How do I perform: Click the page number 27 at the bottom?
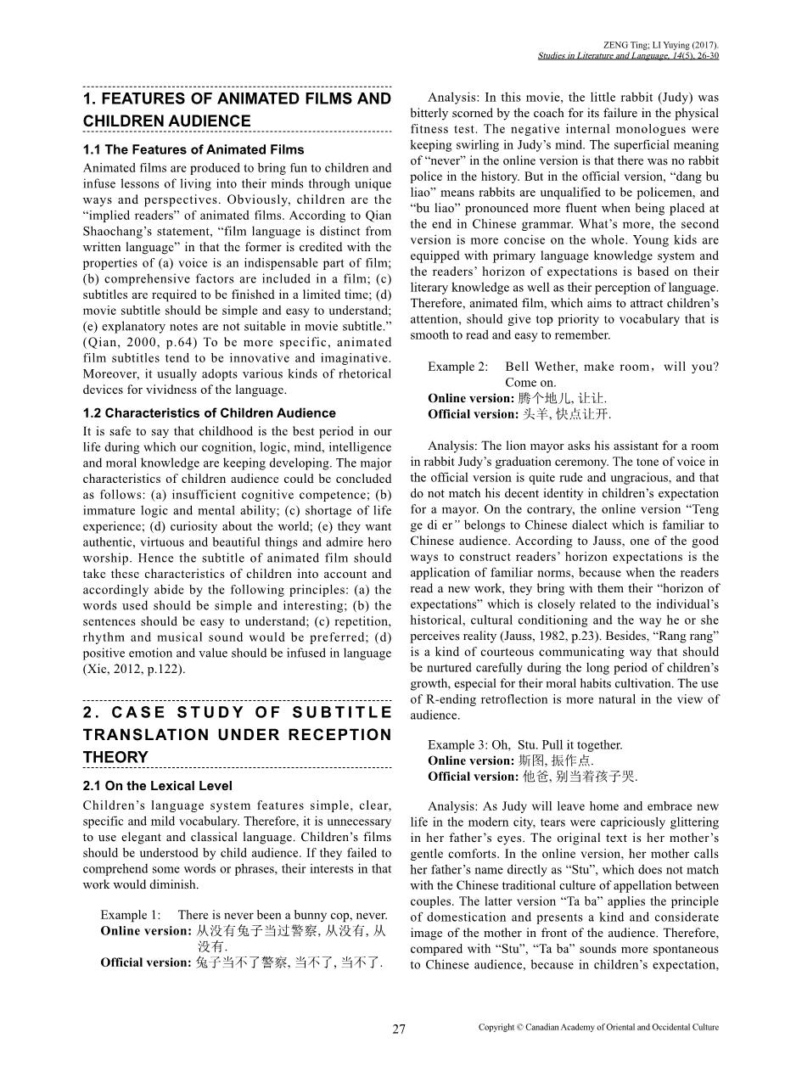tap(399, 1030)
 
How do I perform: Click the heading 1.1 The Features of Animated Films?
tap(193, 150)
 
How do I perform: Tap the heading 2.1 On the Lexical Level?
tap(158, 786)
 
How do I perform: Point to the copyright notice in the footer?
tap(598, 1027)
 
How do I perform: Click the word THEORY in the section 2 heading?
tap(115, 757)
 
